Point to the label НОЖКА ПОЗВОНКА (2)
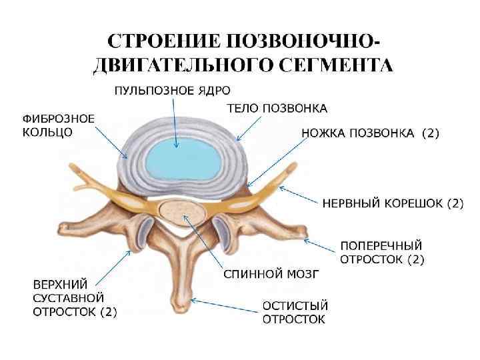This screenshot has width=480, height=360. coord(370,133)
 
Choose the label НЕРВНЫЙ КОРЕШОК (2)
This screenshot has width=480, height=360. coord(393,203)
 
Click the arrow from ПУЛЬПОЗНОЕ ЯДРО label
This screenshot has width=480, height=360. coord(175,123)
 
